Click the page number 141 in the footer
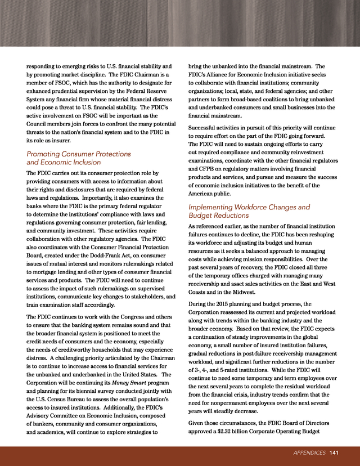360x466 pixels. pos(334,452)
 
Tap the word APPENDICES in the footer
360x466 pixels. pos(310,452)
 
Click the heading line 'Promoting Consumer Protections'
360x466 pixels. pos(79,154)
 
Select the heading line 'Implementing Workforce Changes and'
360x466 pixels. pos(249,207)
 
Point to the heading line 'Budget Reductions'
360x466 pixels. pos(218,216)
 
